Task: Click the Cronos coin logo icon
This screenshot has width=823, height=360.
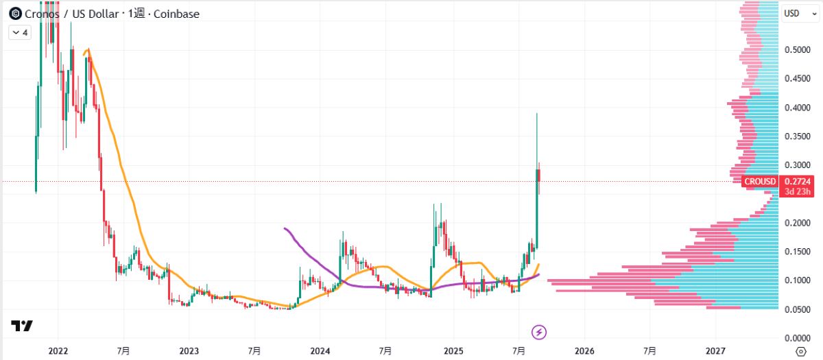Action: pyautogui.click(x=14, y=13)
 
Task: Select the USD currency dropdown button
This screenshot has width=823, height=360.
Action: pyautogui.click(x=796, y=13)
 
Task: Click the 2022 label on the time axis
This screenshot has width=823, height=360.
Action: pyautogui.click(x=58, y=351)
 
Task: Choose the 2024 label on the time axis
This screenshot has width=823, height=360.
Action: pyautogui.click(x=320, y=351)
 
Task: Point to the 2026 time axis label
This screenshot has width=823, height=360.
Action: pyautogui.click(x=584, y=351)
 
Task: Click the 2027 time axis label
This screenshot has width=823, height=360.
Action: pyautogui.click(x=715, y=351)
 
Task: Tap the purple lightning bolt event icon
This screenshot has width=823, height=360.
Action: pyautogui.click(x=540, y=333)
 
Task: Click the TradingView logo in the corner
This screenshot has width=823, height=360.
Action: pyautogui.click(x=21, y=326)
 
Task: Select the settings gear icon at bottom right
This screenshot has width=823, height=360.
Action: pyautogui.click(x=800, y=351)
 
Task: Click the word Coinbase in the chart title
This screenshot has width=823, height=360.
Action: pyautogui.click(x=172, y=14)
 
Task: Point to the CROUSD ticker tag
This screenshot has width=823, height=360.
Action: pyautogui.click(x=761, y=181)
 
